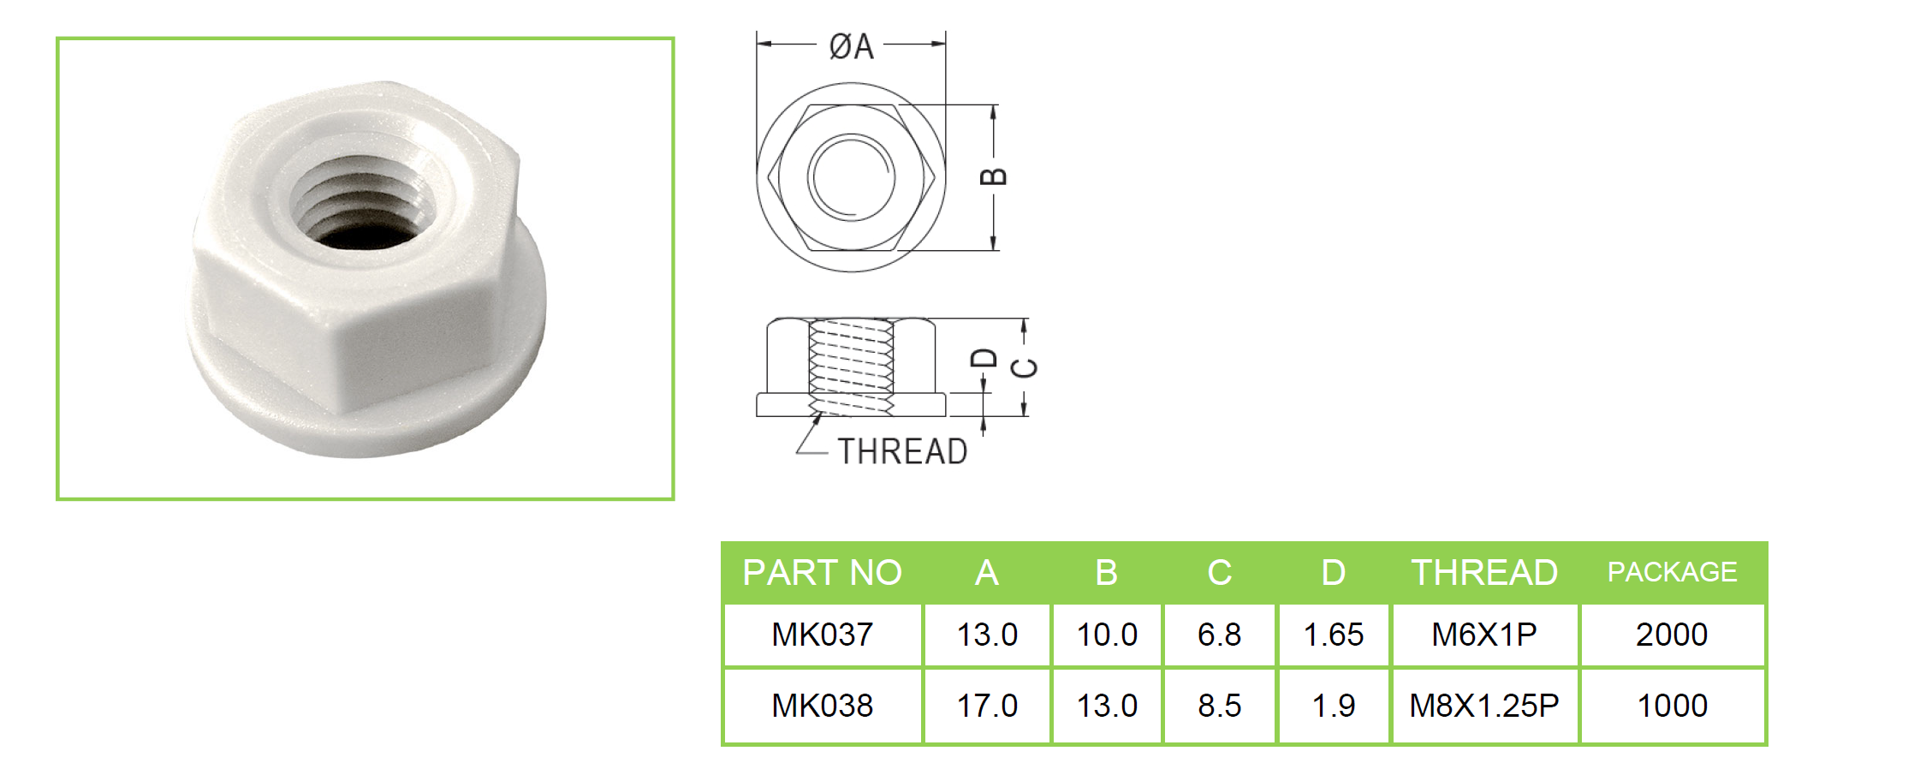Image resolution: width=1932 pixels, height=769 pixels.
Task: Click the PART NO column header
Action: tap(822, 572)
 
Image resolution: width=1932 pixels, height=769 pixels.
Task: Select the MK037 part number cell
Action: tap(822, 635)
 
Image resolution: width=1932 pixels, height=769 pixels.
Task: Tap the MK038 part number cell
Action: tap(822, 706)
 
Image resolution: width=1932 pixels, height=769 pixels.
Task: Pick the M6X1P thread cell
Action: tap(1484, 635)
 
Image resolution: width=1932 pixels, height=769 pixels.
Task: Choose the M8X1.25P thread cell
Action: tap(1484, 706)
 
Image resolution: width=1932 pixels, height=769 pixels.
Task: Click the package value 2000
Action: tap(1672, 635)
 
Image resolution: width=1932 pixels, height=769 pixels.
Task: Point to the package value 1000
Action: tap(1672, 706)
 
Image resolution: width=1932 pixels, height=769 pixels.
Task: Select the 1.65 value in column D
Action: tap(1333, 635)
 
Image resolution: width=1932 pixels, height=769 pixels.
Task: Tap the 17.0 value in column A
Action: tap(987, 706)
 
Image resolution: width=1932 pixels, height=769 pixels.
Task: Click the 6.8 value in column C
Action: tap(1219, 635)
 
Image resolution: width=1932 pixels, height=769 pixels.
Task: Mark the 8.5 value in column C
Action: tap(1219, 706)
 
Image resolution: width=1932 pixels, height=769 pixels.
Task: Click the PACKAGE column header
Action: tap(1672, 572)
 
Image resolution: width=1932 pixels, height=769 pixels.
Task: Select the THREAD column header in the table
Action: tap(1484, 572)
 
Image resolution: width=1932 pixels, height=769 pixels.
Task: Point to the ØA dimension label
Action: tap(852, 46)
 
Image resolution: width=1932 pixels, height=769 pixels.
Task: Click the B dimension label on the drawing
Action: tap(993, 176)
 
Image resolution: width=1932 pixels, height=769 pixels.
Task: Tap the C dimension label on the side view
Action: tap(1025, 368)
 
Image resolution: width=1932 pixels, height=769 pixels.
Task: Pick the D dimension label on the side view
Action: tap(984, 358)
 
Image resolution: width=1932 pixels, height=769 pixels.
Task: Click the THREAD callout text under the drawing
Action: tap(902, 451)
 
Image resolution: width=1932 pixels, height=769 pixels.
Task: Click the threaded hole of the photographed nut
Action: tap(361, 204)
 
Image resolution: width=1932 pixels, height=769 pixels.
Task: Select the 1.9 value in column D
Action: tap(1333, 706)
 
